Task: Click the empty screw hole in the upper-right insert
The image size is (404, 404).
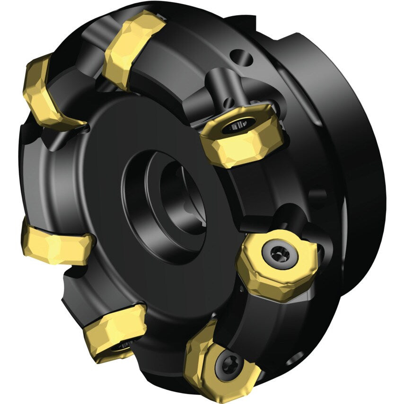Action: click(236, 126)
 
